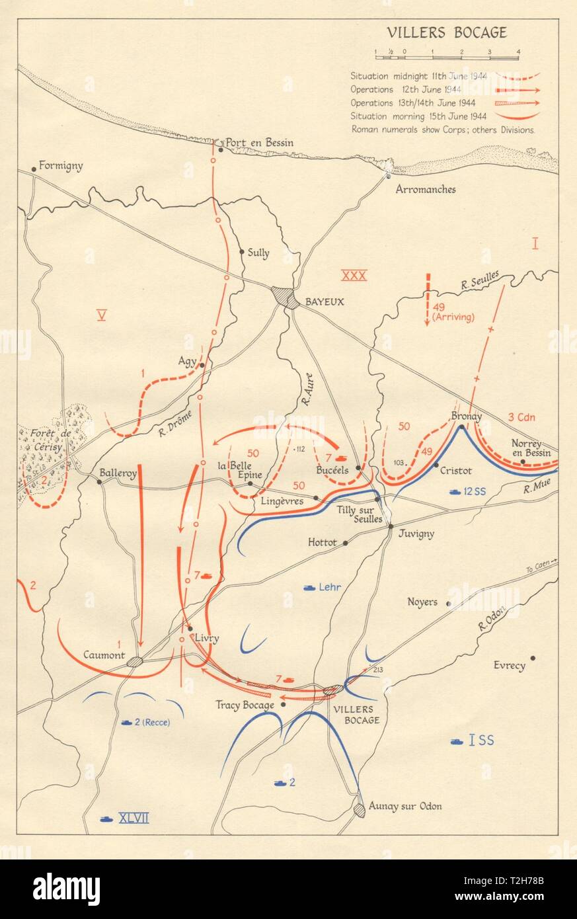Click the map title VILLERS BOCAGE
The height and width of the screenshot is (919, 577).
pyautogui.click(x=447, y=33)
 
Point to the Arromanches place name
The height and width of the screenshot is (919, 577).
pyautogui.click(x=425, y=189)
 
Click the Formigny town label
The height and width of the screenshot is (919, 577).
pyautogui.click(x=61, y=166)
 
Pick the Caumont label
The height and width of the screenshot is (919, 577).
pyautogui.click(x=104, y=655)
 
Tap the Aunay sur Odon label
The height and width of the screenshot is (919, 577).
pyautogui.click(x=405, y=806)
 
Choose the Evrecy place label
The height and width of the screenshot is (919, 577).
pyautogui.click(x=510, y=665)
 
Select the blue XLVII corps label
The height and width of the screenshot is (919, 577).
pyautogui.click(x=134, y=818)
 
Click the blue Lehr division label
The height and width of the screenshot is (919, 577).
pyautogui.click(x=328, y=586)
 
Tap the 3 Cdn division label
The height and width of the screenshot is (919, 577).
pyautogui.click(x=521, y=417)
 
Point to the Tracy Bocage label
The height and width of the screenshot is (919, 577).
pyautogui.click(x=245, y=705)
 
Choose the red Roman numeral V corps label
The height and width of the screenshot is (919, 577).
pyautogui.click(x=101, y=315)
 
